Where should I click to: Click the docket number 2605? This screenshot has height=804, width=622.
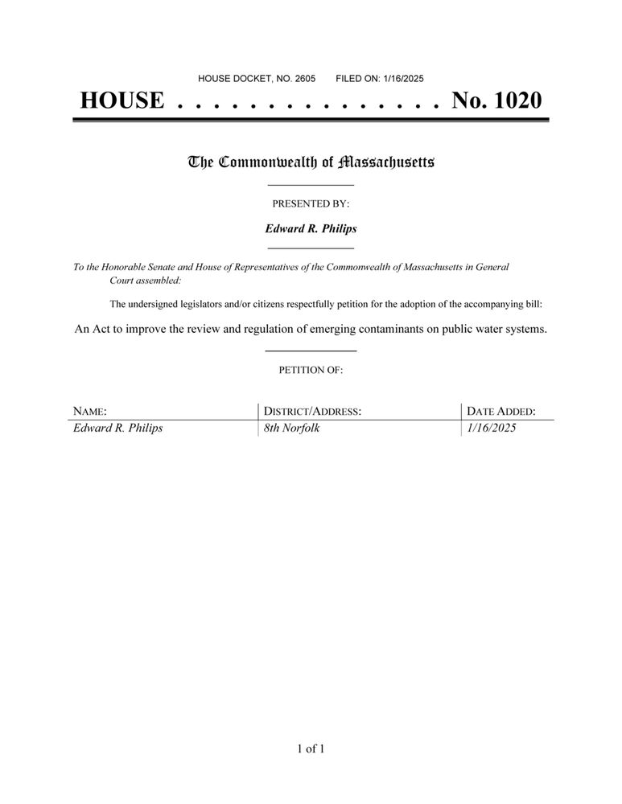pos(304,79)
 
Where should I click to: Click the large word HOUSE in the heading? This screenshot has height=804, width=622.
pos(122,100)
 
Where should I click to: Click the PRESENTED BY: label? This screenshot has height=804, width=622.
pos(311,204)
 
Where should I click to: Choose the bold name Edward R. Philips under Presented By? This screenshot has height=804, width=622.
pos(311,228)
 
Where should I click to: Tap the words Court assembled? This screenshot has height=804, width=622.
pos(145,281)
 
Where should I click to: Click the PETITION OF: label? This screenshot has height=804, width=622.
pos(311,371)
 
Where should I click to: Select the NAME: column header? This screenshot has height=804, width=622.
pos(90,412)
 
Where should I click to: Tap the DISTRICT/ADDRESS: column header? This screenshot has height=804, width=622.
pos(312,412)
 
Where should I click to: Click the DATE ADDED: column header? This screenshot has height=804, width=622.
pos(500,412)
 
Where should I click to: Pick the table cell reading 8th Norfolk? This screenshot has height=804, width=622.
pos(291,429)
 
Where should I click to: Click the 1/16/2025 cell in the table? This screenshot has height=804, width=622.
pos(491,429)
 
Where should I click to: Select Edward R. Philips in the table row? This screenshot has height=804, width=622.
pos(117,429)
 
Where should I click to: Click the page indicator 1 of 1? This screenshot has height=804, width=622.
pos(311,749)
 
